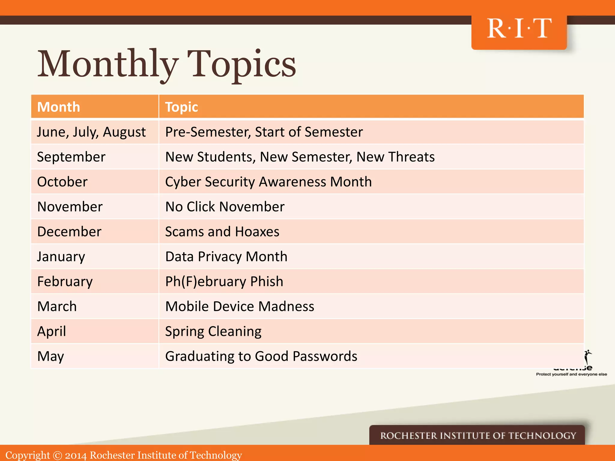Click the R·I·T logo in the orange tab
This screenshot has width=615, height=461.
[x=519, y=29]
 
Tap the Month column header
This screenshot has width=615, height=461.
[x=59, y=107]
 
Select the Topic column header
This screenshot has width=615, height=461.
[x=181, y=107]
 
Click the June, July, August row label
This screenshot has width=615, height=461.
[x=91, y=132]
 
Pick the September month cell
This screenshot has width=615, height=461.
[x=71, y=157]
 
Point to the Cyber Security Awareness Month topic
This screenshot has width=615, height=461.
[x=268, y=182]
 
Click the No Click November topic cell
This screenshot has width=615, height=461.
[x=225, y=207]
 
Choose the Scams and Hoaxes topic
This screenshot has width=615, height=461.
[x=222, y=232]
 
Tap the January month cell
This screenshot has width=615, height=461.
[x=61, y=257]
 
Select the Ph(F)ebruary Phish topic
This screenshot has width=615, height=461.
[x=224, y=282]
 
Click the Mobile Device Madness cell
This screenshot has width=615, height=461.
[x=239, y=306]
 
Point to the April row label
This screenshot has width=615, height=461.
[x=51, y=331]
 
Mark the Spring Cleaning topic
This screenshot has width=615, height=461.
[x=213, y=331]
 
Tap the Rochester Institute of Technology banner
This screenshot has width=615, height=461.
[x=478, y=435]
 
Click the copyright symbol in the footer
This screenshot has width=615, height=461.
[x=57, y=455]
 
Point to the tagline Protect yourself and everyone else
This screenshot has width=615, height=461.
[x=571, y=374]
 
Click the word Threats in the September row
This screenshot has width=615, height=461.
[x=411, y=157]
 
